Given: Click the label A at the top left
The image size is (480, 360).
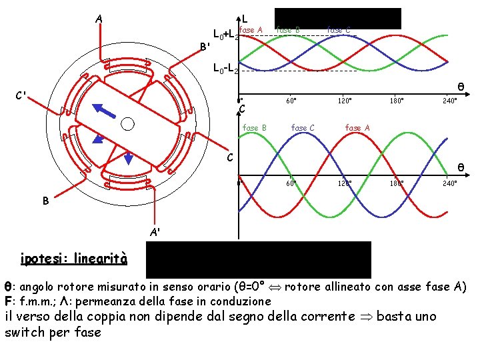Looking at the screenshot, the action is coord(99,19).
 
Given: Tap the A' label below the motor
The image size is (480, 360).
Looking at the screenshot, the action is coord(155,233).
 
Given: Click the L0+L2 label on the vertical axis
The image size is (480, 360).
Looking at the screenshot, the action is coord(225,34).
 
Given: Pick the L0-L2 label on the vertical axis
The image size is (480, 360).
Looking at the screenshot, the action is coord(225,67).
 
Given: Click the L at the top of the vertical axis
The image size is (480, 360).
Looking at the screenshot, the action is coord(245,19).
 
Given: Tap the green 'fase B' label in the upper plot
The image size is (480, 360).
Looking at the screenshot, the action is coord(288,29).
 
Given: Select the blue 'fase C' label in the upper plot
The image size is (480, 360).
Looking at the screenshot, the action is coord(339,29).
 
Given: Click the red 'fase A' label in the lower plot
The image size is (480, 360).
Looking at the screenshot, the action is coord(357,127).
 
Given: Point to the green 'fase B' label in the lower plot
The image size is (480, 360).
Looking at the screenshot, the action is coord(255,127).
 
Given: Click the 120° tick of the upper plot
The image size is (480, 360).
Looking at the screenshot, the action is coord(345,101).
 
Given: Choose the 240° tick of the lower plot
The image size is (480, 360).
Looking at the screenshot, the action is coord(449,183).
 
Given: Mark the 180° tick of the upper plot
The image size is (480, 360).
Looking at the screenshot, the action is coord(397,101).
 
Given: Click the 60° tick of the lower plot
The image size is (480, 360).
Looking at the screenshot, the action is coord(291,183).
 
